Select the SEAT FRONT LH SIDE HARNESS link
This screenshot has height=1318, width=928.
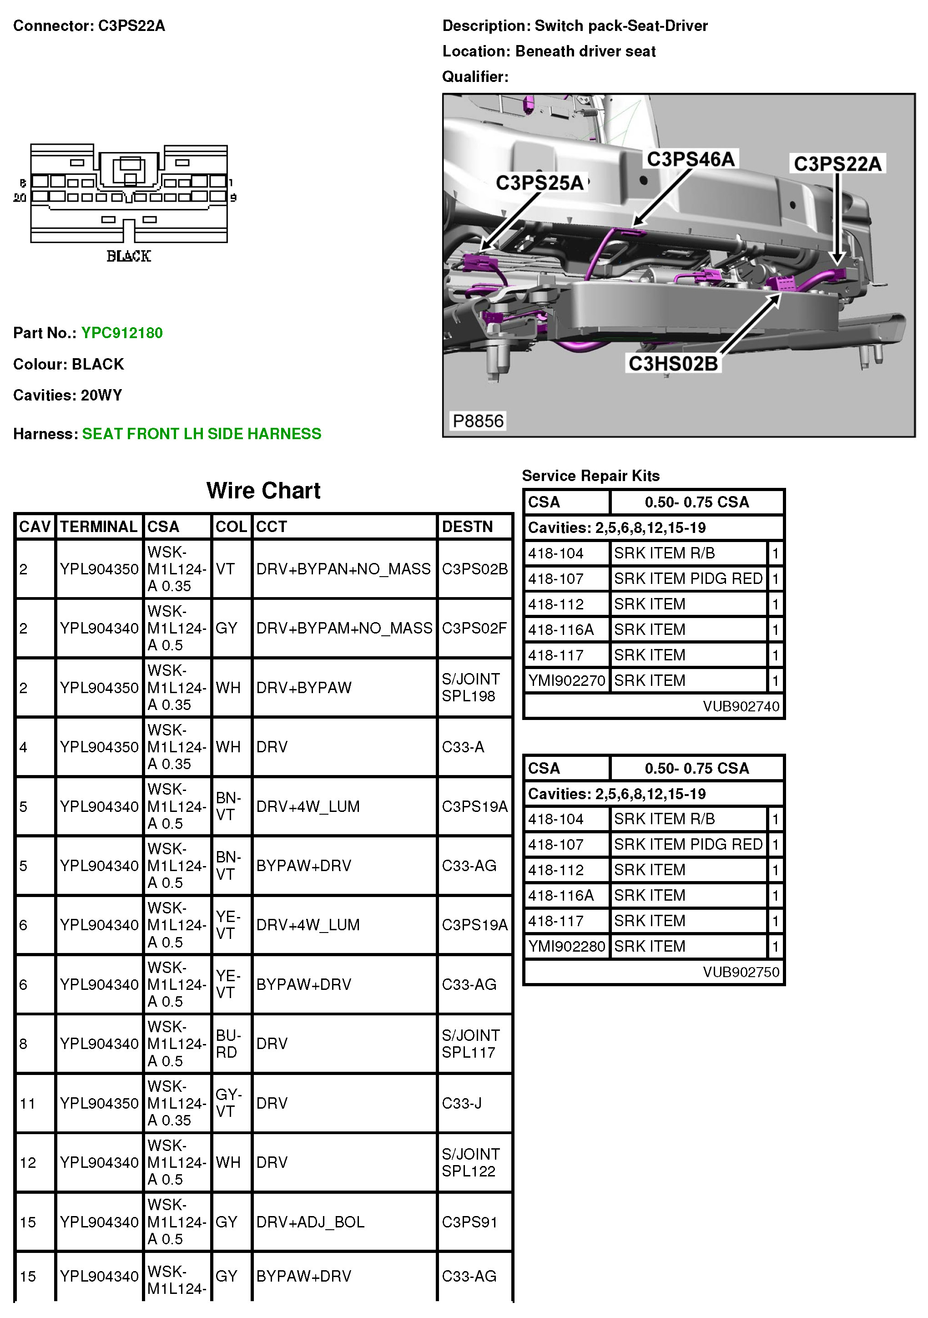(x=202, y=434)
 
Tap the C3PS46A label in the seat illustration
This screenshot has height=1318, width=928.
(x=691, y=159)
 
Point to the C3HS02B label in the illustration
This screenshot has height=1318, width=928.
(x=673, y=363)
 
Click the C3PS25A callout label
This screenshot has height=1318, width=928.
(x=539, y=182)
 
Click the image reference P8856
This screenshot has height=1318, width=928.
(x=478, y=421)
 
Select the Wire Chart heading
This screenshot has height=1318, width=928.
(x=263, y=490)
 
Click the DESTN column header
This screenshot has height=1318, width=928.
(x=467, y=527)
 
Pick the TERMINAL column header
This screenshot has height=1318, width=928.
(x=99, y=527)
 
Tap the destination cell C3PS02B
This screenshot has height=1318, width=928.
(x=474, y=569)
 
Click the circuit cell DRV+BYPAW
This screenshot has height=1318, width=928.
(x=303, y=688)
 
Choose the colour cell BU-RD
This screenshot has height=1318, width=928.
(x=228, y=1044)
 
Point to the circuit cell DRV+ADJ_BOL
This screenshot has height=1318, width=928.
(x=310, y=1222)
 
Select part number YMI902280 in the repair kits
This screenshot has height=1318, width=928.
(x=566, y=946)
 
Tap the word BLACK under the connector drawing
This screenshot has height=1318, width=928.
(x=129, y=256)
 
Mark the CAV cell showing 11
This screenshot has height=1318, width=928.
(x=28, y=1103)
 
